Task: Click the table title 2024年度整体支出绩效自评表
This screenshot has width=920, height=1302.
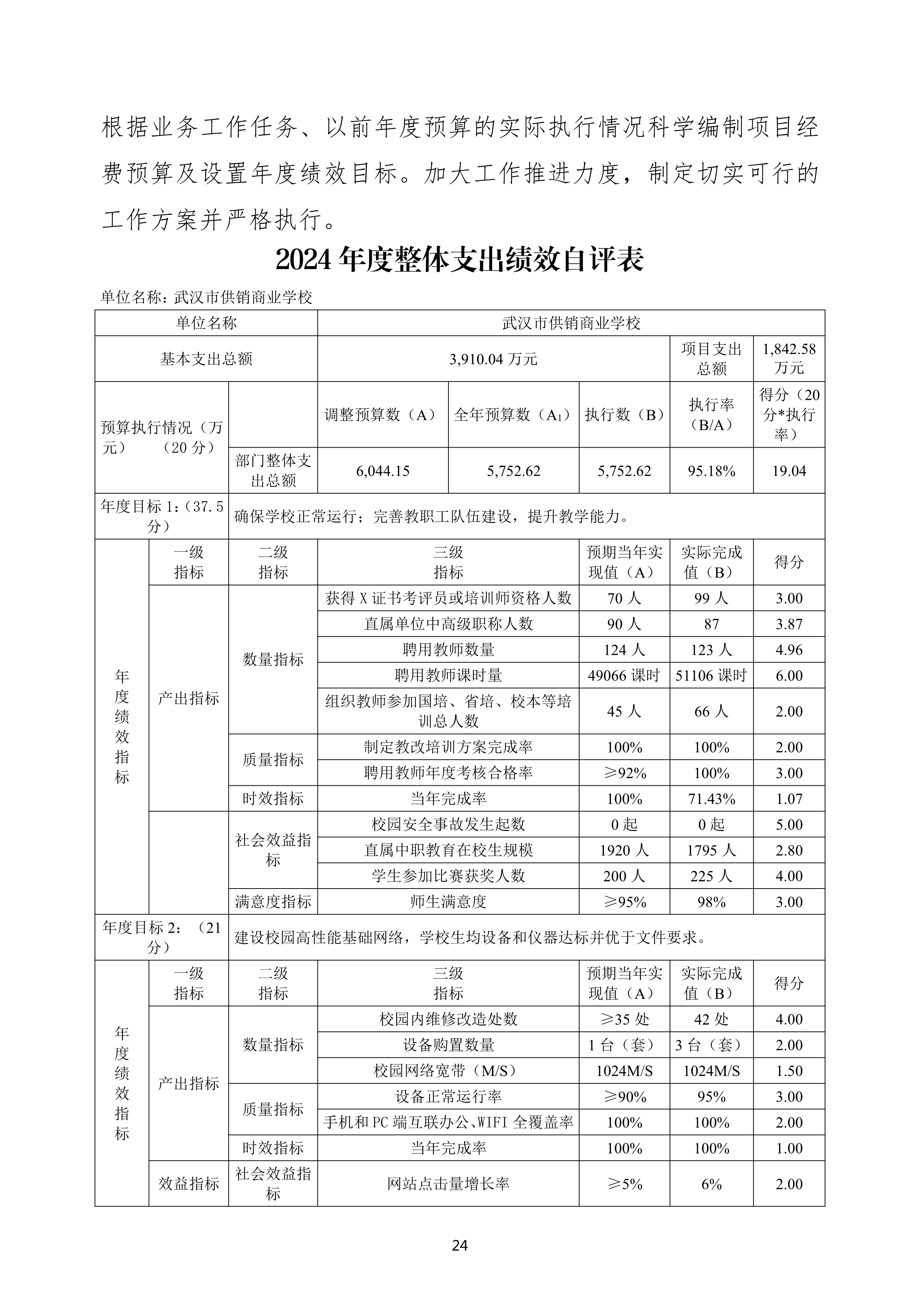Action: (460, 260)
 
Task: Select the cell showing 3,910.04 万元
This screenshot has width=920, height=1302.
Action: (493, 359)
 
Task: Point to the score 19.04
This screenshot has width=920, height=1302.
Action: (788, 471)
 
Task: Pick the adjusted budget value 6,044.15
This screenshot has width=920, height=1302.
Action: (382, 471)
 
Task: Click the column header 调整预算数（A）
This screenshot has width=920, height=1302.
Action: (382, 415)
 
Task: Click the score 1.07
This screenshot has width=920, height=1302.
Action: (788, 798)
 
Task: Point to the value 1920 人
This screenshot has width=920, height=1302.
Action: (624, 850)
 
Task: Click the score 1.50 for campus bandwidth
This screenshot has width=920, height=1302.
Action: (788, 1071)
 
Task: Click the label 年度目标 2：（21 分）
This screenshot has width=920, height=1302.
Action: (161, 937)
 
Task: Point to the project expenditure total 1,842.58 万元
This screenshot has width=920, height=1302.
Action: (788, 359)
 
